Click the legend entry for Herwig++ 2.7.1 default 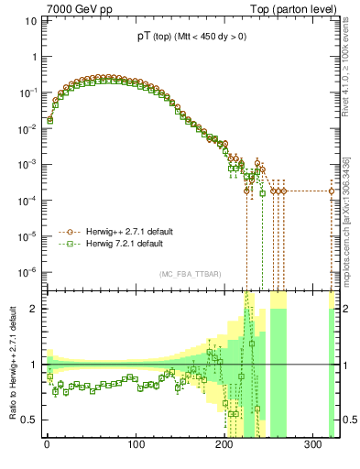coord(128,233)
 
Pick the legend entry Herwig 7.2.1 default coord(124,245)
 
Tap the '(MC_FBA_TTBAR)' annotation coord(190,274)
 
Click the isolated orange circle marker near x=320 coord(332,191)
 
